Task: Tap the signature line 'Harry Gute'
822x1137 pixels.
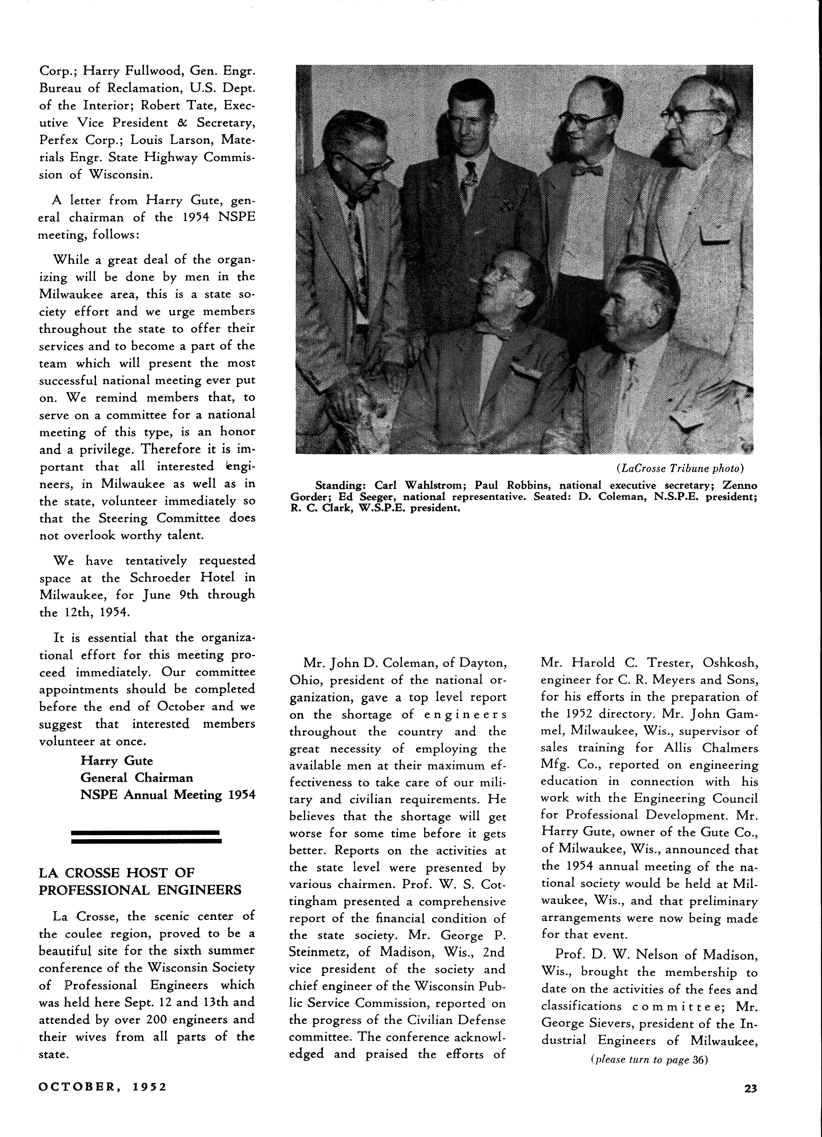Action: [x=116, y=760]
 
